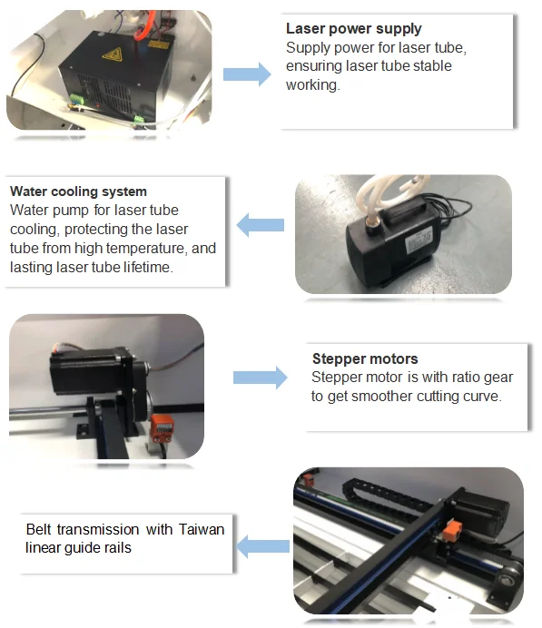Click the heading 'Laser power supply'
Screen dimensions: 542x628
[x=354, y=28]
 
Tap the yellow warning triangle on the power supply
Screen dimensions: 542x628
[x=113, y=54]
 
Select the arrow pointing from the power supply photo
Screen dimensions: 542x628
[x=247, y=74]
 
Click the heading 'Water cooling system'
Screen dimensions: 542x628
[x=78, y=191]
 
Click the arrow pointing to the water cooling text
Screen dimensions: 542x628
[x=261, y=225]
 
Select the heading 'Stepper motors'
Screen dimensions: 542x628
[x=365, y=358]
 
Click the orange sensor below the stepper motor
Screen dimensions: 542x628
[x=163, y=427]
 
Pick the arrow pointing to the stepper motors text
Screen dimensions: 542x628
[x=260, y=378]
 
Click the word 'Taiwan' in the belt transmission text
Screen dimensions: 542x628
[x=202, y=529]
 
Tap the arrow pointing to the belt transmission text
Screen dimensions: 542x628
[x=262, y=546]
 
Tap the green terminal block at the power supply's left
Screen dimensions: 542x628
[x=76, y=98]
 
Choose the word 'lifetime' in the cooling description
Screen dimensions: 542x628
[x=148, y=267]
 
